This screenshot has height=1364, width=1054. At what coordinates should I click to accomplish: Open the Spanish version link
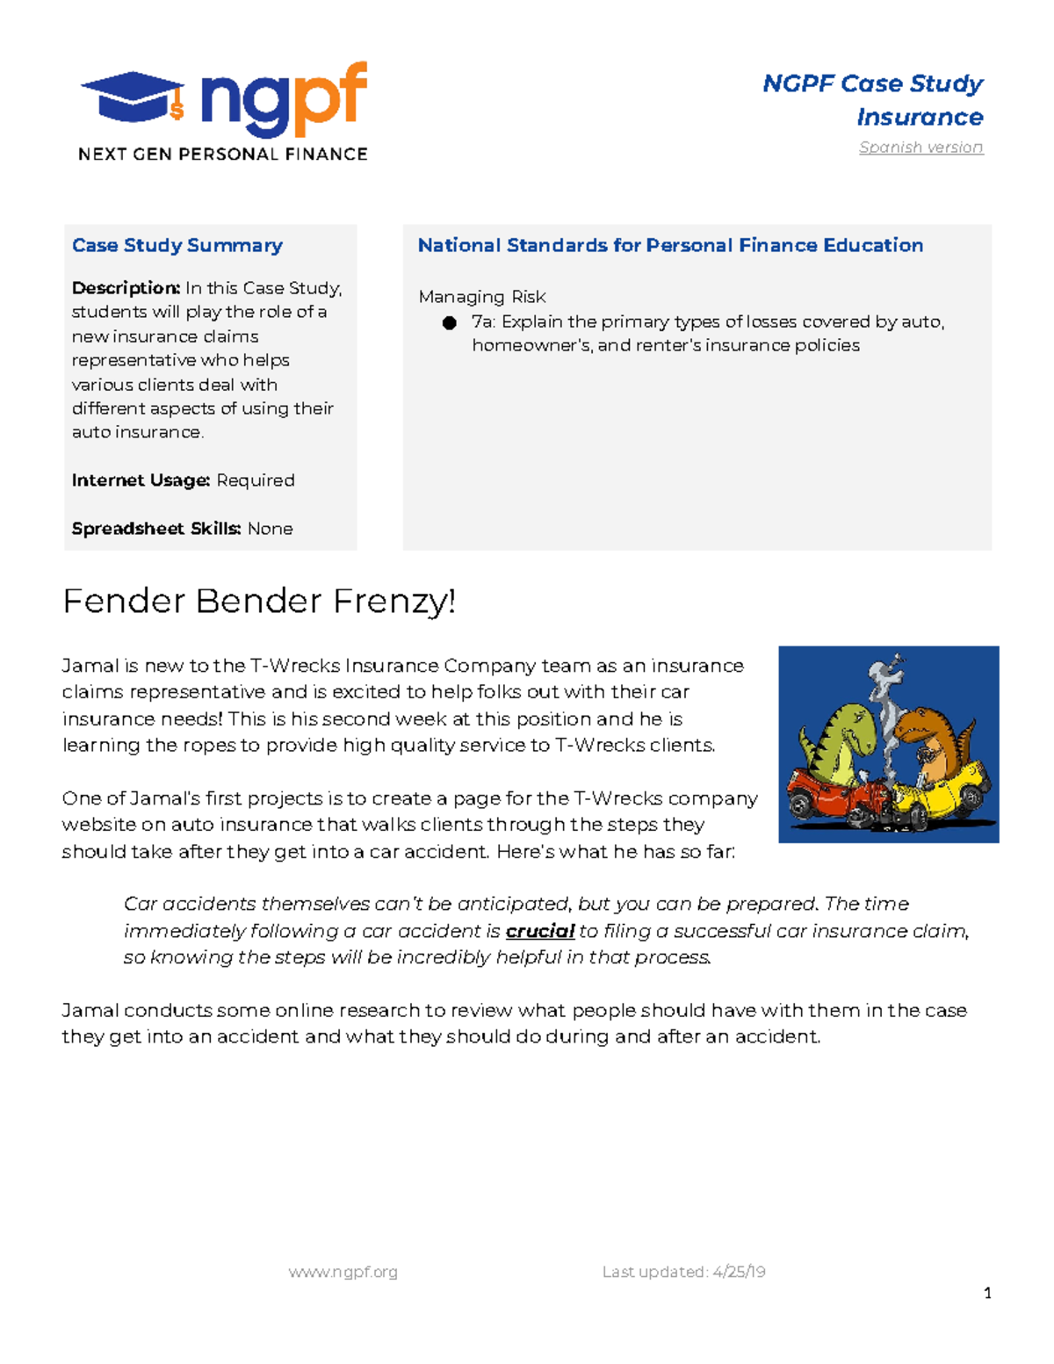point(920,148)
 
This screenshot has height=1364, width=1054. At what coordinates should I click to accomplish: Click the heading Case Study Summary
point(177,245)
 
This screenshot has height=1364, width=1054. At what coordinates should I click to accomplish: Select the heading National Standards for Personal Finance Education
point(670,245)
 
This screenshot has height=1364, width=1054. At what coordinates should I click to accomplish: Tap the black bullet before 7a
point(450,322)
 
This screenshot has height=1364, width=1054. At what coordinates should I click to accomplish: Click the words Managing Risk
point(482,297)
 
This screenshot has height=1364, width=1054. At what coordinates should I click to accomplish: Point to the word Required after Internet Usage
point(256,480)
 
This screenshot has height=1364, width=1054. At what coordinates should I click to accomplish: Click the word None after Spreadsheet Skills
point(271,529)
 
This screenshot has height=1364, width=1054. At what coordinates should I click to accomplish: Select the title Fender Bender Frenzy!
point(259,602)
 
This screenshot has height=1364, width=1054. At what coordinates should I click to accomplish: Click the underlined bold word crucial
point(540,931)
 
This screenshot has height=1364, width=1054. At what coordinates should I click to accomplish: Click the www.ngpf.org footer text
point(343,1272)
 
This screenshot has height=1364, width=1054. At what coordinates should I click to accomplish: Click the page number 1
point(987,1293)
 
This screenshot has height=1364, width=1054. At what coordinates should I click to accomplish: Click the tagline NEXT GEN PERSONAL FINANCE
point(222,155)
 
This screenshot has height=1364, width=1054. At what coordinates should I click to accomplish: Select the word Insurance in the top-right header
point(920,117)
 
